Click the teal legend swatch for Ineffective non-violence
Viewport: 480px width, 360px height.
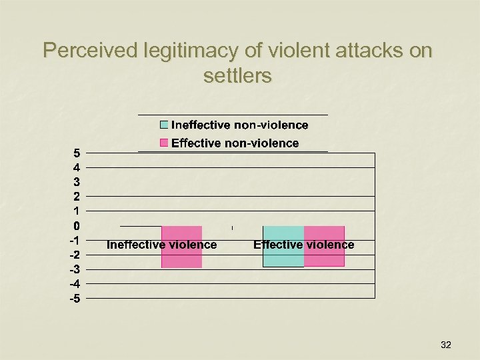click(x=164, y=125)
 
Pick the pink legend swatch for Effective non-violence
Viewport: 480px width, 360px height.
click(x=164, y=143)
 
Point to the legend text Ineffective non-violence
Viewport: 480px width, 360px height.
click(x=240, y=125)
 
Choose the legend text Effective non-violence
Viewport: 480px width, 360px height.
click(x=235, y=143)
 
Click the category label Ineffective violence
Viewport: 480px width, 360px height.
click(x=161, y=245)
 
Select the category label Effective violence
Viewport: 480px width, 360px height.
click(x=303, y=245)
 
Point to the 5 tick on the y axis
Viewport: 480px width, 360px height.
click(x=77, y=153)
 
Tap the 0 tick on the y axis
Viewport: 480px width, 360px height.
click(x=77, y=225)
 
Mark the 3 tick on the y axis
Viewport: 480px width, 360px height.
click(x=77, y=181)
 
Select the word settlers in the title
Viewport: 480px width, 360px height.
click(x=237, y=76)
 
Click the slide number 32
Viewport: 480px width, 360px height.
click(x=446, y=345)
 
